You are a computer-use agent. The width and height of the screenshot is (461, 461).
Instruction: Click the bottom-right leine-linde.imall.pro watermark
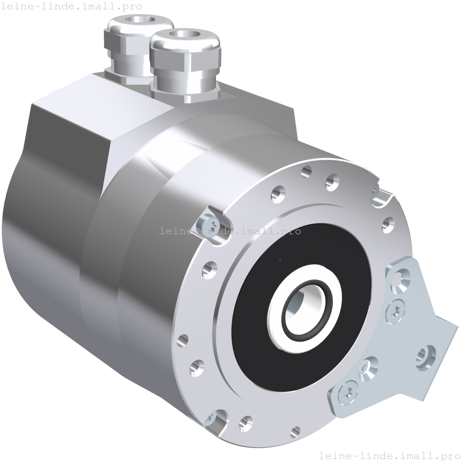point(390,455)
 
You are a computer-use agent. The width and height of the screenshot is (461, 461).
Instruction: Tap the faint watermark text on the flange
point(250,231)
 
